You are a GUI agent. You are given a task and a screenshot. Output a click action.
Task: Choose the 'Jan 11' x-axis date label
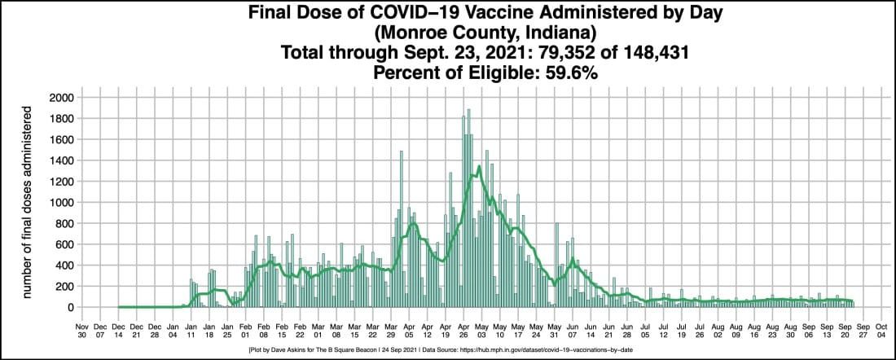point(191,329)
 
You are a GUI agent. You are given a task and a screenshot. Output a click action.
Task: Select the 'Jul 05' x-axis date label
point(644,329)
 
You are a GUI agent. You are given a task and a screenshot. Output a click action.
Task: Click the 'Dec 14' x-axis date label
point(118,329)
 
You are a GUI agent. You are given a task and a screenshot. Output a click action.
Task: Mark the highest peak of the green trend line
point(479,166)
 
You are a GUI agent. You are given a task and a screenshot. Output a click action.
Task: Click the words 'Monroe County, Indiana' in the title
point(447,35)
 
